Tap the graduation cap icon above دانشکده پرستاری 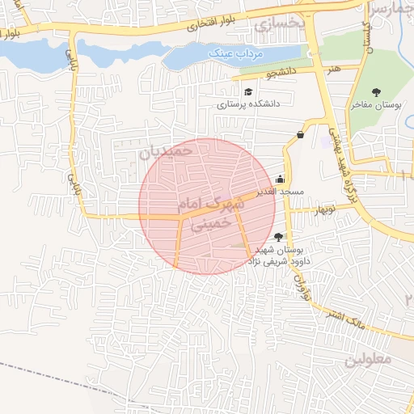(248, 91)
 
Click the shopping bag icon (300, 135)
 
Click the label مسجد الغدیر (281, 192)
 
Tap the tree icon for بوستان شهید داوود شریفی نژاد (279, 237)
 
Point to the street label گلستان (367, 36)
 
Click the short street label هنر (335, 70)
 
